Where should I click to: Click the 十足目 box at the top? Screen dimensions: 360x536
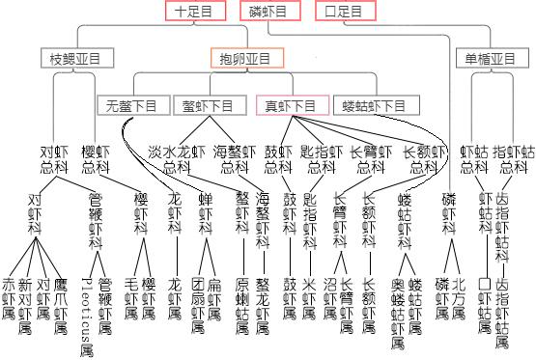(x=194, y=12)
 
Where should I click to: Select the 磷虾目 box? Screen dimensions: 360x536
(x=268, y=12)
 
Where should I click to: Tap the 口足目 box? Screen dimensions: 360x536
(x=344, y=12)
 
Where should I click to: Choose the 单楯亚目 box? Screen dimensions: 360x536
(x=490, y=59)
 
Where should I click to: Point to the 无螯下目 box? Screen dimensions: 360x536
(x=132, y=105)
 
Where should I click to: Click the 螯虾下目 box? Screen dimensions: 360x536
(x=207, y=105)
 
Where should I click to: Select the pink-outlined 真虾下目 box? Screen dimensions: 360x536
(x=291, y=105)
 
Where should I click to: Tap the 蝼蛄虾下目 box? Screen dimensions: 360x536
(x=374, y=105)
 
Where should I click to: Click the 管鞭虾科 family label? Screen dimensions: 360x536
(x=95, y=221)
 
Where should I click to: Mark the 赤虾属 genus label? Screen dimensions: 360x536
(x=9, y=299)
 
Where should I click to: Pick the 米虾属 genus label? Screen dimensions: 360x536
(x=309, y=299)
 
